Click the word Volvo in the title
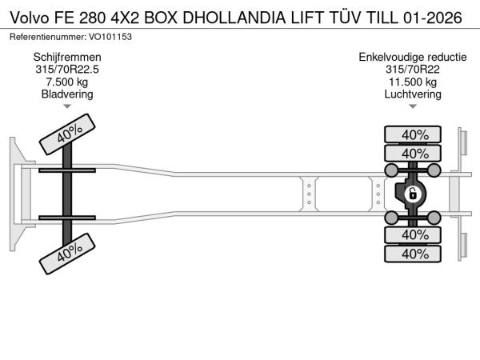[30, 18]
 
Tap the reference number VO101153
[110, 37]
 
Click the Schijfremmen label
[67, 57]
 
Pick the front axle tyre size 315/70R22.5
[67, 70]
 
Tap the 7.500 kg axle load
[67, 82]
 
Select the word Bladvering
[67, 94]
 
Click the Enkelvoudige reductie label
[413, 57]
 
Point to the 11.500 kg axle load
[413, 82]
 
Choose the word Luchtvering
[413, 94]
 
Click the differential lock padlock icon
[412, 194]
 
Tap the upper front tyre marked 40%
[67, 134]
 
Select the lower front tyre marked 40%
[67, 254]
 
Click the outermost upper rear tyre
[413, 134]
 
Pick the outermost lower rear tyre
[413, 254]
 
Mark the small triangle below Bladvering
[67, 106]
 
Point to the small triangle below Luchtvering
[413, 106]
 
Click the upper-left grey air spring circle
[391, 170]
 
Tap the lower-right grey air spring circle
[434, 218]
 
